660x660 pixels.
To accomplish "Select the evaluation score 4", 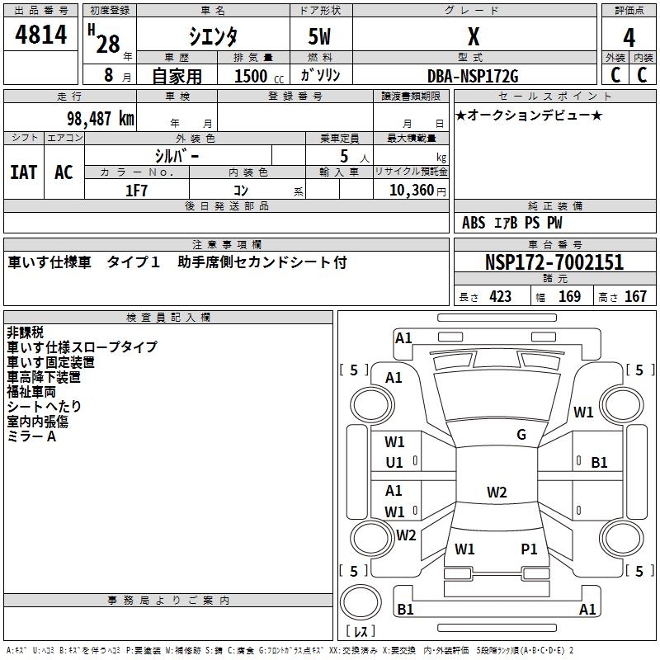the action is click(x=629, y=38).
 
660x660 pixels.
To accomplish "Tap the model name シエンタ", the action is click(x=214, y=37).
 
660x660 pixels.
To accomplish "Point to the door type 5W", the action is click(x=320, y=38).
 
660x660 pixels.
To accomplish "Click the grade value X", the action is click(x=473, y=37).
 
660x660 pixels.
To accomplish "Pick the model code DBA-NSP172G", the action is click(x=473, y=76).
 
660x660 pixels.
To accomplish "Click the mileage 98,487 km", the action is click(x=100, y=119).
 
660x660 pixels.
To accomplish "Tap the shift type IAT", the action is click(x=23, y=172).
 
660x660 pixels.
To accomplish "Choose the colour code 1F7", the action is click(x=137, y=190).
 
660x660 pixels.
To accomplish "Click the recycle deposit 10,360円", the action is click(x=411, y=190).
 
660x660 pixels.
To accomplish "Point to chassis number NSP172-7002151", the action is click(x=554, y=263).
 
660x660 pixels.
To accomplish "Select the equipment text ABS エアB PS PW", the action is click(x=513, y=223).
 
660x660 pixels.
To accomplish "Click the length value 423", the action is click(x=500, y=297).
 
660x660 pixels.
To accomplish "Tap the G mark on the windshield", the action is click(x=521, y=435).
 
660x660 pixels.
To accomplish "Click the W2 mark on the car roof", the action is click(x=497, y=493).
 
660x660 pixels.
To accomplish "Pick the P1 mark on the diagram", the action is click(x=529, y=549).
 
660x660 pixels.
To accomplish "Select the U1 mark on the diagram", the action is click(x=394, y=463).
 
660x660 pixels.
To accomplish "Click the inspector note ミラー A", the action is click(x=31, y=436).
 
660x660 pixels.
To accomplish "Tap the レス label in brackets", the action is click(x=364, y=633).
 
